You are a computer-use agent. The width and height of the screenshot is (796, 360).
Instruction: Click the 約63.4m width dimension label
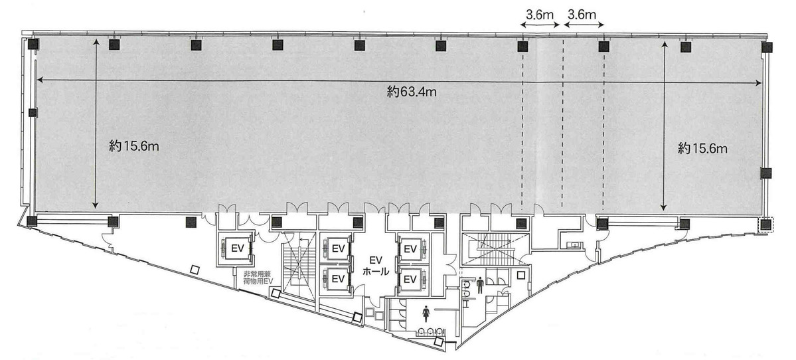[412, 92]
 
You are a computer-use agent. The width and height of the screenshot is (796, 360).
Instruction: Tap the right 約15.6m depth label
[703, 149]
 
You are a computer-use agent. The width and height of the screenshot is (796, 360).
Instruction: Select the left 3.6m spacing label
[540, 13]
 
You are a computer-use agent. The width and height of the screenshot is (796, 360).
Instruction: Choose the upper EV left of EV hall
[337, 249]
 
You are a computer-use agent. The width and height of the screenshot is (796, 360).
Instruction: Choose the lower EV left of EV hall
[337, 278]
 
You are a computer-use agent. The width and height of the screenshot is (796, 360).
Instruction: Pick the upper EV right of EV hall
[410, 249]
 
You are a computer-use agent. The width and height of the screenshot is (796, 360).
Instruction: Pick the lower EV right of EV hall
[410, 278]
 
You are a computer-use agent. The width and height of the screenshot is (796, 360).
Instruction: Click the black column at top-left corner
[33, 45]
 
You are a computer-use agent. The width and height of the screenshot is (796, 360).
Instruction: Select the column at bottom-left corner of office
[32, 221]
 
